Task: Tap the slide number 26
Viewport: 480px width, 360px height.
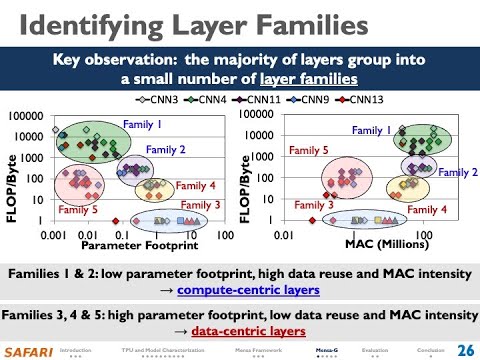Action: [464, 349]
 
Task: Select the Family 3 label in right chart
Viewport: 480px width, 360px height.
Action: [315, 205]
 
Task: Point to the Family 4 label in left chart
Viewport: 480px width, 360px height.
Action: [196, 185]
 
